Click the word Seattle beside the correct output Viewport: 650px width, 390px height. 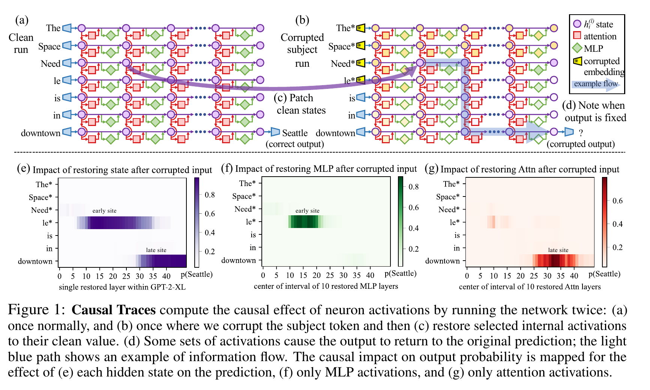coord(295,133)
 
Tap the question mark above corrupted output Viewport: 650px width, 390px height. coord(581,133)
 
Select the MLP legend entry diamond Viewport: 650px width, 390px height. coord(577,48)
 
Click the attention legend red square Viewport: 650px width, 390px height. coord(577,36)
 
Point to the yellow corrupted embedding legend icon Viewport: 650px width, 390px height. coord(577,61)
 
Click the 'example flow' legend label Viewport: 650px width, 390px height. coord(596,84)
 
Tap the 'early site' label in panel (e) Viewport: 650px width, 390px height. coord(104,211)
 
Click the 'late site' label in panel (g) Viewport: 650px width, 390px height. coord(558,250)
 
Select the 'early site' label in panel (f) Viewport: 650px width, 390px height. coord(307,211)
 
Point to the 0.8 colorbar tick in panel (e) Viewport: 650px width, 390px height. coord(209,195)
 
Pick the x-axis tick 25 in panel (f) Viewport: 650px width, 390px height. coord(330,275)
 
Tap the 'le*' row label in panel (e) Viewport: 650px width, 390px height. coord(47,223)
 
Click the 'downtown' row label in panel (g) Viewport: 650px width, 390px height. coord(442,261)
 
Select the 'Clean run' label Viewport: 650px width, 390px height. coord(21,43)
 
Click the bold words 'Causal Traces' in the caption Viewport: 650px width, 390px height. coord(114,310)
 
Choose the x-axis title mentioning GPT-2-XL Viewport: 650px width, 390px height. coord(122,287)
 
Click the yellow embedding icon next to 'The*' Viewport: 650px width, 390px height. coord(360,28)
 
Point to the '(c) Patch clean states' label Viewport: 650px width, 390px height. coord(300,104)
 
